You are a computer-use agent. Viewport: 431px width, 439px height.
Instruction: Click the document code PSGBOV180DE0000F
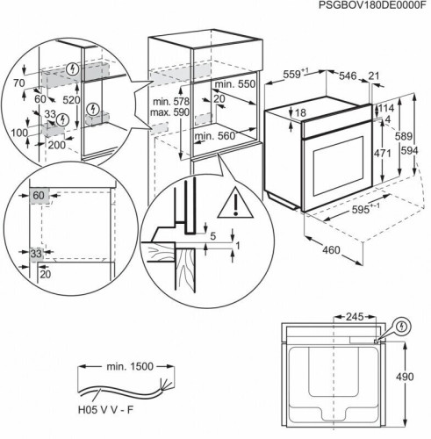(370, 5)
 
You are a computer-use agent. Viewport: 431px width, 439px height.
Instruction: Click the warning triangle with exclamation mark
(235, 203)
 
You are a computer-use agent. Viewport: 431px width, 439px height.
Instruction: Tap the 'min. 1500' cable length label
(130, 366)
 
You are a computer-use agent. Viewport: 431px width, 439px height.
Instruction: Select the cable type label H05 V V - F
(105, 410)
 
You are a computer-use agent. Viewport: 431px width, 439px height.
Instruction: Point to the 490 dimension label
(405, 377)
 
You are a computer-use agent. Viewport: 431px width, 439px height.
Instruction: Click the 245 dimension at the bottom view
(355, 317)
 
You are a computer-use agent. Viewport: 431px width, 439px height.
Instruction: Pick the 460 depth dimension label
(331, 250)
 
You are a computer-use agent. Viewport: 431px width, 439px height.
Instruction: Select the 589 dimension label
(403, 136)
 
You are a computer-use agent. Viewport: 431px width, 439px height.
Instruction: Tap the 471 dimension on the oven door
(383, 153)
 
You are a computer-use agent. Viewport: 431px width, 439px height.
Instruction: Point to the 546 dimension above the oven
(348, 76)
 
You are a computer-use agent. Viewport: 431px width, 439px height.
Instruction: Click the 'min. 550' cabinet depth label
(235, 84)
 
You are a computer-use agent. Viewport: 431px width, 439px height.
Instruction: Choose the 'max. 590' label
(169, 112)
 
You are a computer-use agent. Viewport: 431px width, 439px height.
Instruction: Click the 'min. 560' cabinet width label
(215, 136)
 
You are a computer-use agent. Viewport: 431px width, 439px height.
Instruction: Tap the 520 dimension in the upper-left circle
(71, 100)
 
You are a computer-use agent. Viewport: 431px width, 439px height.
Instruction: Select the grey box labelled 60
(40, 195)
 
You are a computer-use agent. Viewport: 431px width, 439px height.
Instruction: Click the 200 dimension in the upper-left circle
(57, 145)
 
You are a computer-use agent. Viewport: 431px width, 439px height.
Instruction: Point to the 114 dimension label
(386, 108)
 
